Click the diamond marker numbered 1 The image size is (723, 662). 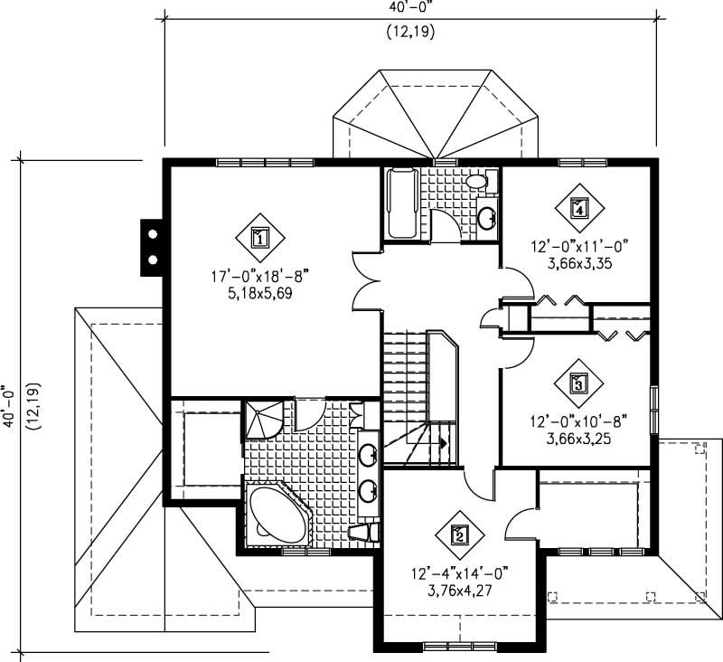(259, 238)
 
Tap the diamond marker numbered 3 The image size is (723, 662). (577, 383)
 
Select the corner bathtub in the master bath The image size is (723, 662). (277, 515)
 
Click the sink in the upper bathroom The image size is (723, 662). (487, 217)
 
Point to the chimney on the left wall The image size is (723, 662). (152, 247)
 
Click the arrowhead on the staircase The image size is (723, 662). (444, 442)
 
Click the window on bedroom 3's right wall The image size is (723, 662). (653, 399)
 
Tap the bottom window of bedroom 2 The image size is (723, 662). (449, 645)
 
